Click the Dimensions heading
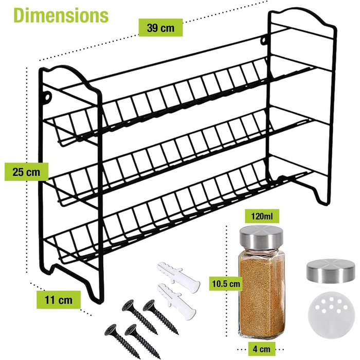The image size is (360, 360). [x=61, y=15]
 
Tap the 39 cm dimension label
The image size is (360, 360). [x=160, y=28]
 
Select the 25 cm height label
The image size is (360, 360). [x=26, y=172]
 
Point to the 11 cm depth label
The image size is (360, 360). [x=59, y=300]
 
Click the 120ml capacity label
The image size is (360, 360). [x=262, y=216]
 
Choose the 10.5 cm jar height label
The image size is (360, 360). [x=226, y=284]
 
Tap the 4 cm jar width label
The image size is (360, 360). [x=261, y=349]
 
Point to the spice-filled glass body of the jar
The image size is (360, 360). [x=261, y=295]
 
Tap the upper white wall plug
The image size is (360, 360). [x=178, y=277]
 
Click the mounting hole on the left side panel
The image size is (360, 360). [x=48, y=97]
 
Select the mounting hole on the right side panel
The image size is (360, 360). [x=264, y=41]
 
